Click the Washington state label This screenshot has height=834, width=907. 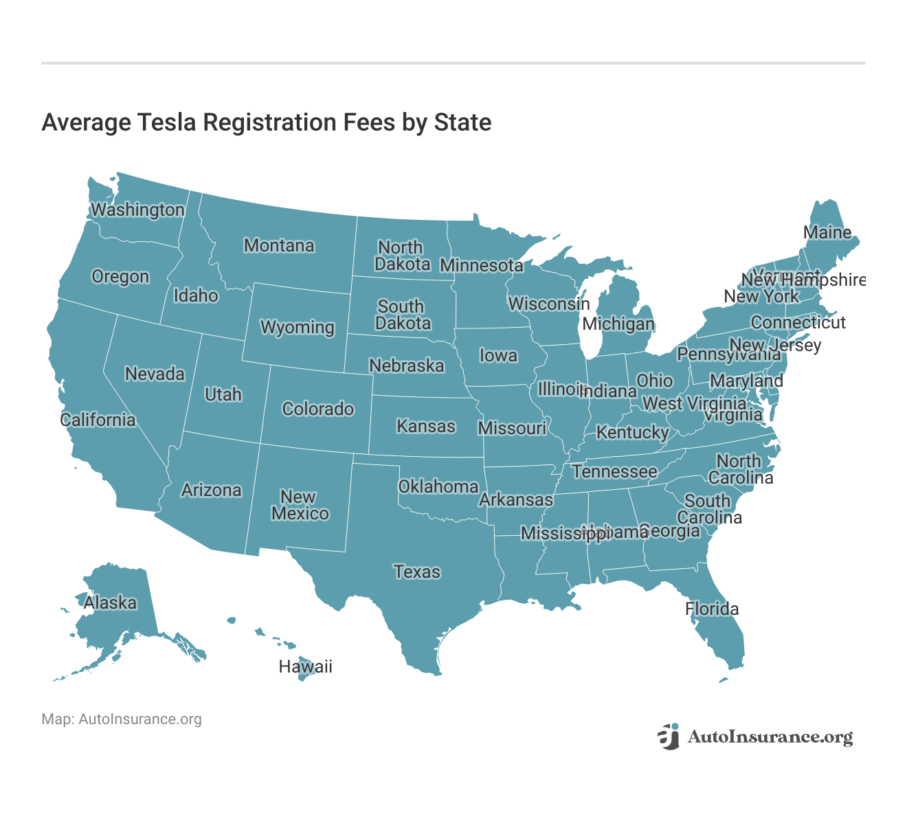(x=138, y=210)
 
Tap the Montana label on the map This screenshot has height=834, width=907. (x=279, y=245)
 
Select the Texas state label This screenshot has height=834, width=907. (x=417, y=572)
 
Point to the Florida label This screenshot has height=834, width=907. (x=712, y=609)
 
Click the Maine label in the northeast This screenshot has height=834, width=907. (x=827, y=233)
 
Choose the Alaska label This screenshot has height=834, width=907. (x=110, y=602)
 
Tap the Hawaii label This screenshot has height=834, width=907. (x=305, y=666)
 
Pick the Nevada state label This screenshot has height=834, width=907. (x=155, y=374)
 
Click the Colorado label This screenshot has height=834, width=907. (x=318, y=409)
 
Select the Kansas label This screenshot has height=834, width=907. (x=426, y=426)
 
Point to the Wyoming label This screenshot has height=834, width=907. (x=298, y=327)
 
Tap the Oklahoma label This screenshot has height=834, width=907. (x=438, y=486)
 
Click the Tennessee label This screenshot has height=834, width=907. (x=614, y=471)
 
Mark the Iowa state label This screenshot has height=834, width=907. (x=498, y=355)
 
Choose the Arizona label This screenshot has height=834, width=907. (x=212, y=490)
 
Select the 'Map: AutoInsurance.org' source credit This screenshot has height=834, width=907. (x=122, y=719)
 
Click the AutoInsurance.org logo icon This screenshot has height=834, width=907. (x=668, y=736)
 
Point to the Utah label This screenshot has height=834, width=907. (x=223, y=394)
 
